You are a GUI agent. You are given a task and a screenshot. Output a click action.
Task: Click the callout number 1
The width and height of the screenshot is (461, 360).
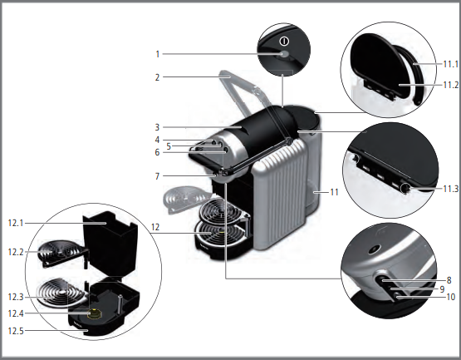point(158,54)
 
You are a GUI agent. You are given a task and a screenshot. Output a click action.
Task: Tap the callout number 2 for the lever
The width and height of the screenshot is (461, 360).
point(157,77)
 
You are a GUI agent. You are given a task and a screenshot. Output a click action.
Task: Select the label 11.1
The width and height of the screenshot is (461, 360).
point(450,64)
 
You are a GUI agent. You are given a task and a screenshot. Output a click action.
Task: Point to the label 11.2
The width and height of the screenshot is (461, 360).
point(450,85)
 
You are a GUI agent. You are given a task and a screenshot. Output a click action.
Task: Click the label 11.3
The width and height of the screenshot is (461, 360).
point(450,189)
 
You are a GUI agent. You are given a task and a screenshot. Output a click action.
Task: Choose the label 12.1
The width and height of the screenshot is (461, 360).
point(16,223)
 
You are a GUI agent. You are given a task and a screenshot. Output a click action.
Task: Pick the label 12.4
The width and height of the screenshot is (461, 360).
point(16,313)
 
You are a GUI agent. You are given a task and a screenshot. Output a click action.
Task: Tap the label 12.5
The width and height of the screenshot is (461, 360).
point(16,331)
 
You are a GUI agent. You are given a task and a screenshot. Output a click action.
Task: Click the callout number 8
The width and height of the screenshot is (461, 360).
point(449,280)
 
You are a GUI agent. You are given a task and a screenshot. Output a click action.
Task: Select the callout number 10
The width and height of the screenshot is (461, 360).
point(451,297)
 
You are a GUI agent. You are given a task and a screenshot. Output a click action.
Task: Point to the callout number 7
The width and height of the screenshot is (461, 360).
point(157,176)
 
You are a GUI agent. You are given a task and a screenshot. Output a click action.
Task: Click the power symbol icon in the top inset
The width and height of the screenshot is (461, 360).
point(284,42)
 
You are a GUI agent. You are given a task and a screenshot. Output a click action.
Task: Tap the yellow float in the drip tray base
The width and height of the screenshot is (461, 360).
point(95,313)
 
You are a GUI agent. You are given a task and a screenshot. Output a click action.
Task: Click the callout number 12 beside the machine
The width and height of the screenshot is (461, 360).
point(155,227)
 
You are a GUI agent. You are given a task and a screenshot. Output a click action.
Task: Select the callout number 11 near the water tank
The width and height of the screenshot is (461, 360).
point(334,192)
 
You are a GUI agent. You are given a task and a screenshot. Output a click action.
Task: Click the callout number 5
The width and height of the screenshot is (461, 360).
point(169,146)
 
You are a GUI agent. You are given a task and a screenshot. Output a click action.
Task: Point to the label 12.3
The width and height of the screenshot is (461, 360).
point(16,297)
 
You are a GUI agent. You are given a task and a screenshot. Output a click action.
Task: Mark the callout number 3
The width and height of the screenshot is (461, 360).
point(157,127)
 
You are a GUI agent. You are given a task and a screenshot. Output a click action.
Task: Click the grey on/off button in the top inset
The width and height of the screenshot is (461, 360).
point(285,54)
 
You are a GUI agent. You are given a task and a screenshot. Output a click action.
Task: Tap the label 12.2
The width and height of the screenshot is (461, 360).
point(16,252)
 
